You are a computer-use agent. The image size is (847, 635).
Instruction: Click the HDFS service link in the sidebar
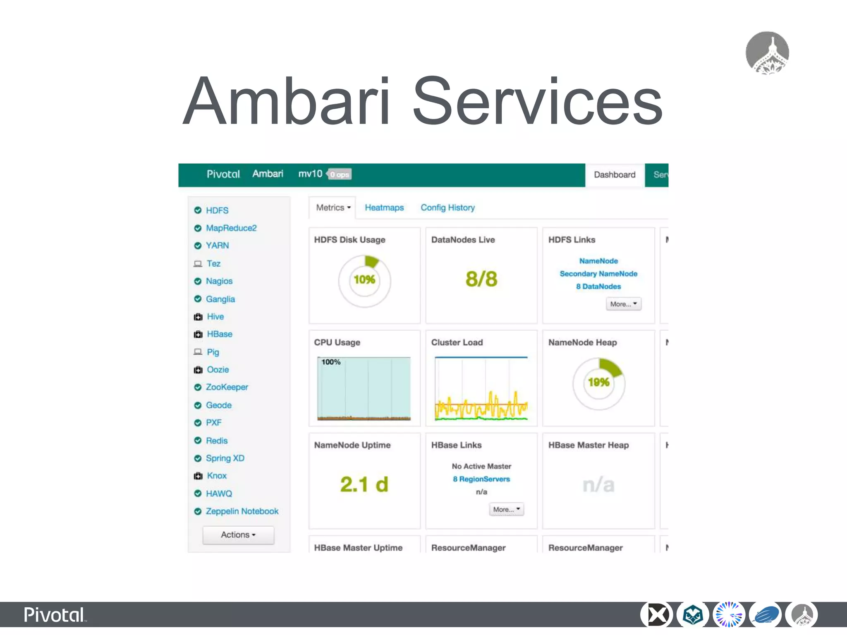click(217, 210)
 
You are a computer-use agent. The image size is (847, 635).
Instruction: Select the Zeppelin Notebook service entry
click(242, 511)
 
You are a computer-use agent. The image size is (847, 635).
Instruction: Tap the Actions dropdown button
click(238, 535)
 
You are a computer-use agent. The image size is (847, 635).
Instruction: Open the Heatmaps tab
click(384, 208)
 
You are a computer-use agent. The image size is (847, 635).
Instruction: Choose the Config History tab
click(447, 208)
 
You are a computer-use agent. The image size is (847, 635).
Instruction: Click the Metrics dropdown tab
click(333, 208)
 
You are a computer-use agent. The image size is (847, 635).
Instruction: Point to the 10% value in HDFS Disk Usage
click(364, 280)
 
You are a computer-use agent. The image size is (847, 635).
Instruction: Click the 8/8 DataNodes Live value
click(481, 279)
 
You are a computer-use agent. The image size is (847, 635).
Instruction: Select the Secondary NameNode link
click(598, 274)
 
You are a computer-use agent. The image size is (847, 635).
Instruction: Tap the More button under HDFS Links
click(623, 304)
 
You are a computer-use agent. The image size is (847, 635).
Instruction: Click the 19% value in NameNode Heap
click(598, 382)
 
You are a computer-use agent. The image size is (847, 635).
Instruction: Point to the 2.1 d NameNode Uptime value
click(364, 485)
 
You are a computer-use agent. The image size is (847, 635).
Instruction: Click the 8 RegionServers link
click(481, 479)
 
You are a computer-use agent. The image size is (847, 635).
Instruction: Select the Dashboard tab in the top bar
click(615, 175)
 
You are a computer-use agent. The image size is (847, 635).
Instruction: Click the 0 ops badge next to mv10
click(339, 174)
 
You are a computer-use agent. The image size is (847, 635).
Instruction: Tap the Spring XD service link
click(225, 458)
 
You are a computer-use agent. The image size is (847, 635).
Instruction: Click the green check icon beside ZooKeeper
click(198, 387)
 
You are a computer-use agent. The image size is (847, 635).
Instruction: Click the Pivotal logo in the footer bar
click(55, 615)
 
